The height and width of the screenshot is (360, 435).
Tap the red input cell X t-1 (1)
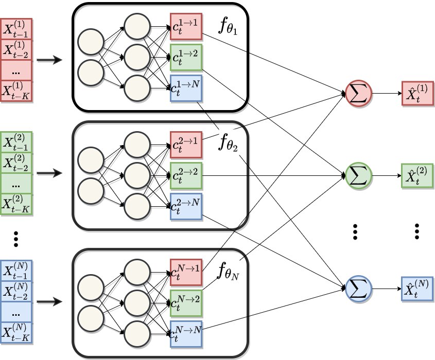(x=16, y=29)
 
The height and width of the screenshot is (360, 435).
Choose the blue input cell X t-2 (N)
(x=16, y=292)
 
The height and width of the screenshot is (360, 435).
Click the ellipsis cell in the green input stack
(x=16, y=184)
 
